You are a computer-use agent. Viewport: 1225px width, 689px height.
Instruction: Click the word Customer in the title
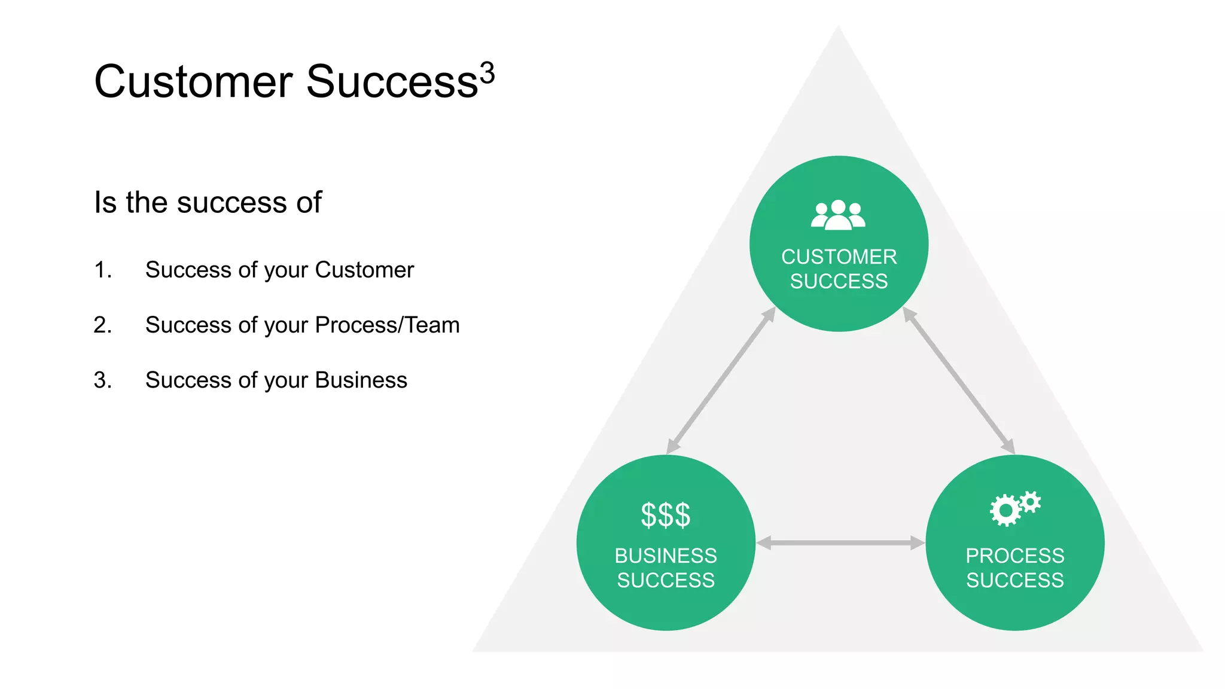[193, 82]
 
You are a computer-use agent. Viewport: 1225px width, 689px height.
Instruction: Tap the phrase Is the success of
[208, 202]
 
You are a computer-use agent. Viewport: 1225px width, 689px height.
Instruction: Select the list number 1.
[102, 270]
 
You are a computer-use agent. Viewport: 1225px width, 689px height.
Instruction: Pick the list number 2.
[102, 325]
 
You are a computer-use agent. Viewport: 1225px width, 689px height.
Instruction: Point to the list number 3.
[102, 380]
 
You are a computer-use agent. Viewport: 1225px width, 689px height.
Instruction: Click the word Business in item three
[361, 380]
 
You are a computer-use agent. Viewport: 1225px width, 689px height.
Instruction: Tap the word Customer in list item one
[364, 270]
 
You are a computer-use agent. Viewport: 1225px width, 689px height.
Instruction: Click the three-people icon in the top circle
[838, 215]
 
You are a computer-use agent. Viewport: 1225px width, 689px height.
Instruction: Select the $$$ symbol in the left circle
[665, 515]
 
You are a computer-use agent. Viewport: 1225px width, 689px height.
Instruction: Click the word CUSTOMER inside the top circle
[839, 257]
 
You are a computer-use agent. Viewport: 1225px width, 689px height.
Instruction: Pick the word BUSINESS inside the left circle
[665, 556]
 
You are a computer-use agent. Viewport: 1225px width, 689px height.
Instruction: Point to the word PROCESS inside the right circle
[1014, 556]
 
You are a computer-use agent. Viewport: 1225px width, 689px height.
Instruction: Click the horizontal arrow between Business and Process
[840, 543]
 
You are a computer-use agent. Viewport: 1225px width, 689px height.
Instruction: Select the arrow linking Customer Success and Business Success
[721, 380]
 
